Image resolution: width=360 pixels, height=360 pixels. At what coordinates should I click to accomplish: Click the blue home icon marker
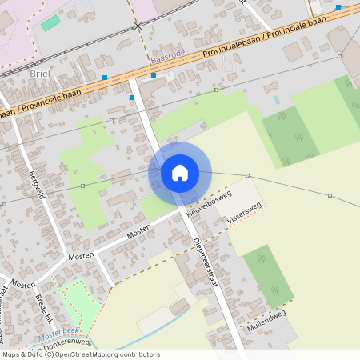coord(180,173)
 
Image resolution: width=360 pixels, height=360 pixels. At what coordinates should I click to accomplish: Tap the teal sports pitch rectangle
coord(51,22)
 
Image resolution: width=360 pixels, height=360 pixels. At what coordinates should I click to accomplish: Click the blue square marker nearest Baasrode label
coord(154,74)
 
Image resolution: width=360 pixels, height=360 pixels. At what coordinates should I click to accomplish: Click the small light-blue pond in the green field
coord(277,101)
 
